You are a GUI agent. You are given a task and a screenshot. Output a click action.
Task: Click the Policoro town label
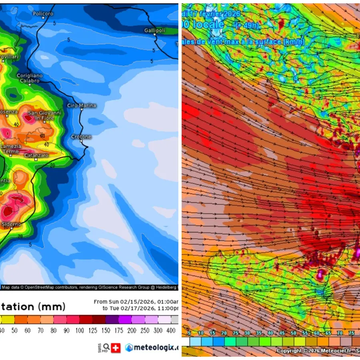[x=43, y=14]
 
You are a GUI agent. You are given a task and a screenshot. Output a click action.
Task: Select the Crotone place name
[x=81, y=137]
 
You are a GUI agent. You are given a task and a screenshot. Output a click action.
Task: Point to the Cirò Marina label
[x=82, y=106]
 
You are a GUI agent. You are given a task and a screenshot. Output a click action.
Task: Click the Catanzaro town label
[x=36, y=155]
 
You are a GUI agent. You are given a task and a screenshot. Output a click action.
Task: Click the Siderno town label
[x=11, y=224]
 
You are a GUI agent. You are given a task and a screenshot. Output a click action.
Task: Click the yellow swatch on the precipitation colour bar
[x=8, y=320]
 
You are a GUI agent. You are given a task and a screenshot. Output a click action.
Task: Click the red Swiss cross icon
[x=115, y=348]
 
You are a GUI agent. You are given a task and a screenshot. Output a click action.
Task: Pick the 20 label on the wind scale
[x=224, y=333]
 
